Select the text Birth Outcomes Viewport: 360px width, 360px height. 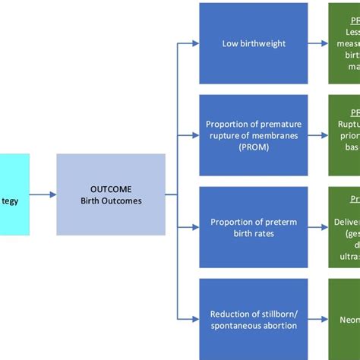pyautogui.click(x=111, y=201)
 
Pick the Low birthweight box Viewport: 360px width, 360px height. pyautogui.click(x=254, y=43)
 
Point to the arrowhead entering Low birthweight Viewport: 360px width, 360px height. pyautogui.click(x=195, y=43)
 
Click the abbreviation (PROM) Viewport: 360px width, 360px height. pyautogui.click(x=254, y=147)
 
